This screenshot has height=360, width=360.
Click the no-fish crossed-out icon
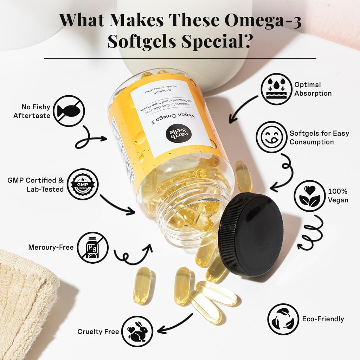pyautogui.click(x=69, y=111)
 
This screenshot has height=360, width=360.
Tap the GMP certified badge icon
pyautogui.click(x=83, y=184)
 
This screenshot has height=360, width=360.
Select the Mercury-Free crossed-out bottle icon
pyautogui.click(x=92, y=247)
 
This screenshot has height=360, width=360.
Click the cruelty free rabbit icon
pyautogui.click(x=137, y=331)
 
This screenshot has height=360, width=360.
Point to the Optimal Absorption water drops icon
pyautogui.click(x=277, y=89)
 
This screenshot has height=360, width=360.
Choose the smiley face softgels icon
pyautogui.click(x=271, y=137)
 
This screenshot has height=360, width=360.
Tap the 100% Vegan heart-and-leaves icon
pyautogui.click(x=309, y=196)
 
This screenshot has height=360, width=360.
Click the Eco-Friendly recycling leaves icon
pyautogui.click(x=283, y=319)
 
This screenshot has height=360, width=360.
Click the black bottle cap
pyautogui.click(x=251, y=234)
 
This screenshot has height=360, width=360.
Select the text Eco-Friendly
pyautogui.click(x=323, y=319)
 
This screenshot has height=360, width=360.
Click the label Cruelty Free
pyautogui.click(x=98, y=332)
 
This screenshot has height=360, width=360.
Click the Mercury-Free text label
pyautogui.click(x=51, y=247)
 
